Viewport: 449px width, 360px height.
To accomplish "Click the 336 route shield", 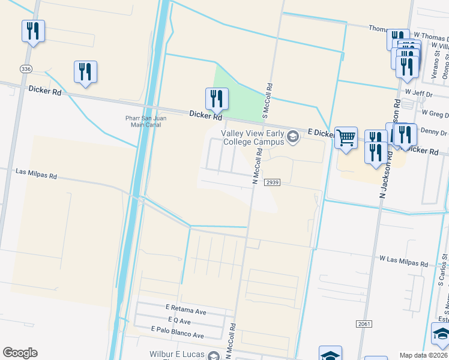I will point(25,69).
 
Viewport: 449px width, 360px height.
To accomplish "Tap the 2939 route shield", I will point(273,182).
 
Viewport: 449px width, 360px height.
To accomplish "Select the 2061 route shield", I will point(364,323).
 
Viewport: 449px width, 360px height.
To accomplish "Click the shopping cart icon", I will point(346,138).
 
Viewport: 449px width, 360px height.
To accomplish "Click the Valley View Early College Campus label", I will point(252,137).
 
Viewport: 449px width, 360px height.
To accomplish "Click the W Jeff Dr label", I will point(418,92).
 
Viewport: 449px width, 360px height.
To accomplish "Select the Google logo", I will point(20,353).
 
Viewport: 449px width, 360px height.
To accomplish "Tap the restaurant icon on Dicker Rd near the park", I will point(217,99).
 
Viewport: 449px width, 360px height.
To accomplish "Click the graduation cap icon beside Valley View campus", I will point(293,137).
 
